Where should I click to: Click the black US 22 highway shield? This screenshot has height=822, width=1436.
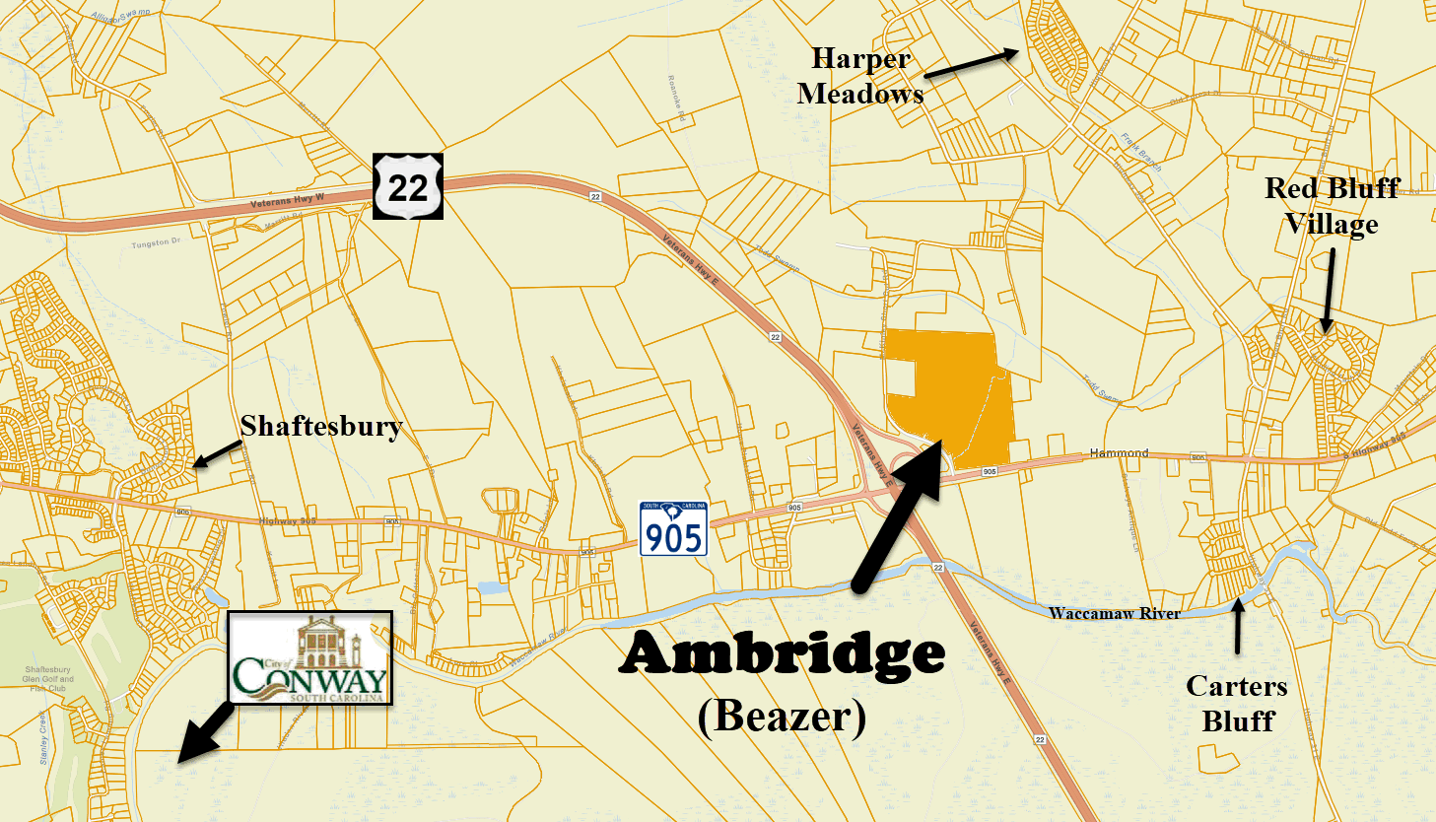point(408,186)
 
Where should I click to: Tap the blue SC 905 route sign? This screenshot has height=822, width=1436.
point(674,529)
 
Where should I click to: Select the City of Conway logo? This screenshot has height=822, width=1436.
point(310,657)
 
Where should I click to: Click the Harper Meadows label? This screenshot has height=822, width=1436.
point(860,76)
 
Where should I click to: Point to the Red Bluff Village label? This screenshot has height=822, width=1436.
point(1332,206)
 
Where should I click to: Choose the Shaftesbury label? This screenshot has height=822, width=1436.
point(321,427)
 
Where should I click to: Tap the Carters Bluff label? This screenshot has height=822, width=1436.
point(1237,704)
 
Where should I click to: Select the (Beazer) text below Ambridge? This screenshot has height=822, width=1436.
point(782,716)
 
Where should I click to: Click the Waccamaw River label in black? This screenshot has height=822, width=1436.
point(1114,613)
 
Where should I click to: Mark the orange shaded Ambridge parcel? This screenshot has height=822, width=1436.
point(961,394)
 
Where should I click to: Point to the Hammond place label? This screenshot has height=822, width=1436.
point(1119,453)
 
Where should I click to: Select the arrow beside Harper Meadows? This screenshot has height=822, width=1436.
point(971,62)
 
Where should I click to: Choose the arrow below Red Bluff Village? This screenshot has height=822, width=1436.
point(1329,291)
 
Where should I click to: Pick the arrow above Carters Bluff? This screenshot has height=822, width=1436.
point(1239,626)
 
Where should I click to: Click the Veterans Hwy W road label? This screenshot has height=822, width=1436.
point(287,200)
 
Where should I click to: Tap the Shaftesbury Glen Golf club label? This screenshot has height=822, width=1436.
point(47,678)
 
